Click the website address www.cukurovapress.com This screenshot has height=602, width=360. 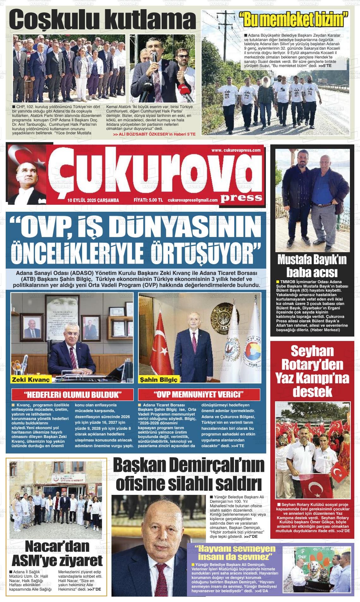[x=236, y=150]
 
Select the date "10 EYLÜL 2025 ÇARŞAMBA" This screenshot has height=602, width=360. [x=93, y=200]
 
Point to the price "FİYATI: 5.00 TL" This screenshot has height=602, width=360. [x=148, y=200]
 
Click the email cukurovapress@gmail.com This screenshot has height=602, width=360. [x=193, y=200]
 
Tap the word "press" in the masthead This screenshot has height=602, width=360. [x=241, y=198]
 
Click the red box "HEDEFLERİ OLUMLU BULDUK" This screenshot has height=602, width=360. [x=72, y=395]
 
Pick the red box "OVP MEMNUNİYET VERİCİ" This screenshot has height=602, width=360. [x=199, y=395]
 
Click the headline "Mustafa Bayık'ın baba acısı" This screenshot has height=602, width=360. [x=312, y=266]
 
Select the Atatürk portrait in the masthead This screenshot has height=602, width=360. [x=27, y=175]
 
